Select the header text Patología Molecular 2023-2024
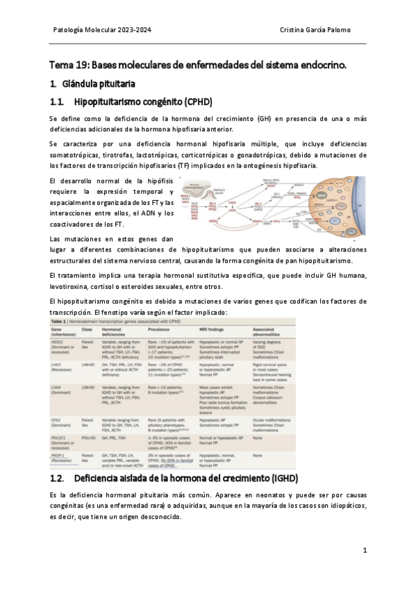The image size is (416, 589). click(102, 30)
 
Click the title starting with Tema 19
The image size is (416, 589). click(198, 65)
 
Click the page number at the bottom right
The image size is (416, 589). click(365, 550)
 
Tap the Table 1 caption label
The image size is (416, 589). click(60, 323)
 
